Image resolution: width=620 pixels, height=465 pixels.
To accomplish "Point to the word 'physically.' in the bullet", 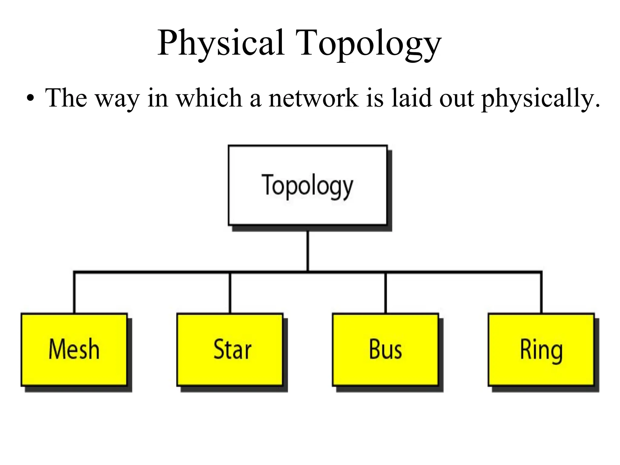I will (540, 98).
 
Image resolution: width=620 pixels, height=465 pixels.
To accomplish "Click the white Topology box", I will (307, 185).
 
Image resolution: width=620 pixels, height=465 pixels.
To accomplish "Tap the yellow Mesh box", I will (74, 350).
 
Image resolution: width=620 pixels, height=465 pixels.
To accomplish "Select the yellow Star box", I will (230, 350).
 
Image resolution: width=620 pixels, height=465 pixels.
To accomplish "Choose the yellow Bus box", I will (385, 350).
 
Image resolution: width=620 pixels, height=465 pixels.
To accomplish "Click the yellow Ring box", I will (541, 350).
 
